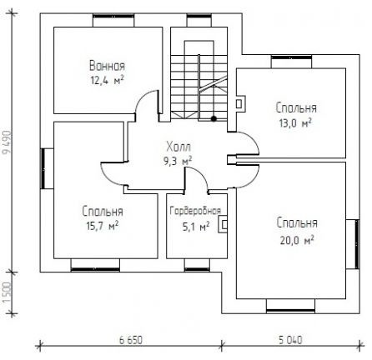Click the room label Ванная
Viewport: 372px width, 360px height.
(x=107, y=66)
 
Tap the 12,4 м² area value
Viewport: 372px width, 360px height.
(x=107, y=81)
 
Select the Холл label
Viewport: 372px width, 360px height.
(x=178, y=147)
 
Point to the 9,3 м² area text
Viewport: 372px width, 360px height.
(x=178, y=161)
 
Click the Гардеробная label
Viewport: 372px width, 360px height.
(x=195, y=211)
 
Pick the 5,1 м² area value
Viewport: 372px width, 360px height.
(x=196, y=227)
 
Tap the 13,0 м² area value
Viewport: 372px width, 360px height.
(x=295, y=122)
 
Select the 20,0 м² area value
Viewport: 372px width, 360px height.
(x=297, y=240)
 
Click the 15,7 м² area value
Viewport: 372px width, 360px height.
(x=103, y=226)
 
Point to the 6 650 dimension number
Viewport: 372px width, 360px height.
(x=131, y=340)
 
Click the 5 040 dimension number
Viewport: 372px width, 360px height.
(x=290, y=340)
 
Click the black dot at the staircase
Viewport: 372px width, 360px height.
(x=214, y=118)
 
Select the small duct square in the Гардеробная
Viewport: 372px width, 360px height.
(x=224, y=225)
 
